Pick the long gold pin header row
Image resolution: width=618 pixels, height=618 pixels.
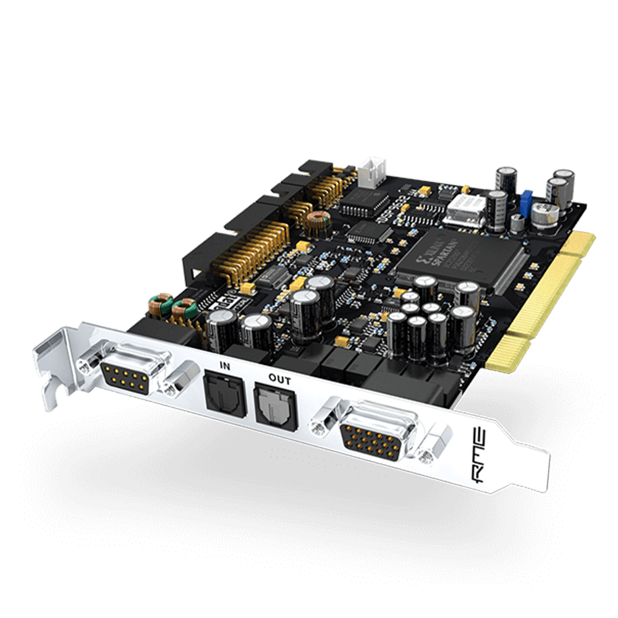[250, 250]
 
